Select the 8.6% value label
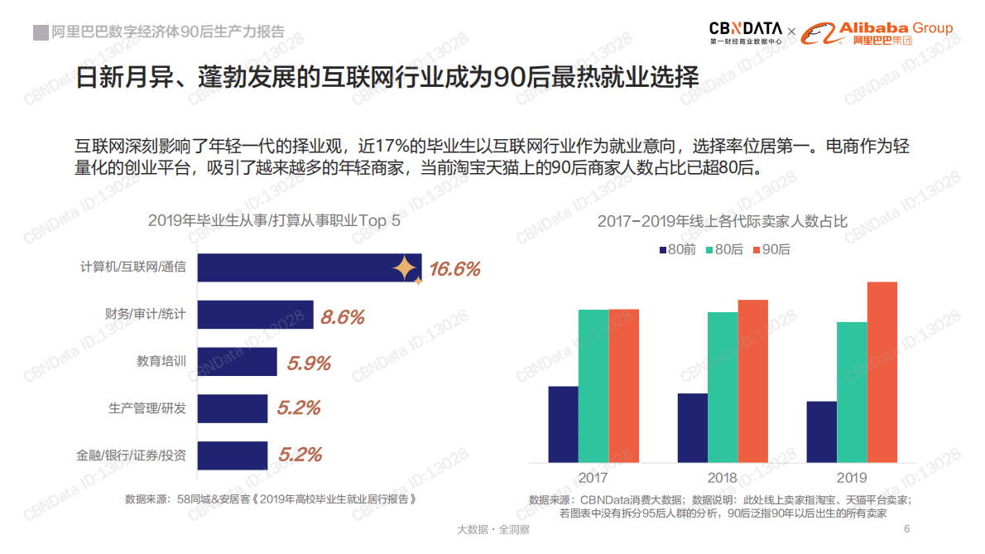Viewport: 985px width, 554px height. pos(343,317)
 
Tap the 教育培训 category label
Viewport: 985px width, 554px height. pos(161,362)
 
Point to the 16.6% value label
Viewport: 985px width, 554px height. pos(454,269)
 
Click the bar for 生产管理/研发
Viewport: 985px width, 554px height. pos(233,408)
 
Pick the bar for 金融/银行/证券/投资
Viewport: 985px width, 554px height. pos(233,455)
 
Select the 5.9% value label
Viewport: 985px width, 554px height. pos(309,364)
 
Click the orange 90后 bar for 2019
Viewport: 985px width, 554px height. pos(882,372)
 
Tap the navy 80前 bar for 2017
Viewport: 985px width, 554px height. pos(563,424)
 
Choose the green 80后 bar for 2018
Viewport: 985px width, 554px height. pos(723,388)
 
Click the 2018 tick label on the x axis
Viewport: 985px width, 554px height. pos(723,478)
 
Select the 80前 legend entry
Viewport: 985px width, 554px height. pos(677,249)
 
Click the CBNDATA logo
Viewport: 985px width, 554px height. pos(745,31)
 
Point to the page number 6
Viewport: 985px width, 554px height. pos(906,529)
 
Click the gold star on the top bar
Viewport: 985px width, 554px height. pos(406,267)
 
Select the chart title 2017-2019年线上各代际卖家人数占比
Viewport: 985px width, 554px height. pos(722,221)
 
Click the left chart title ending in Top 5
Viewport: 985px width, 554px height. pos(274,220)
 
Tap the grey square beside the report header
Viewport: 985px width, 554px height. pos(40,32)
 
